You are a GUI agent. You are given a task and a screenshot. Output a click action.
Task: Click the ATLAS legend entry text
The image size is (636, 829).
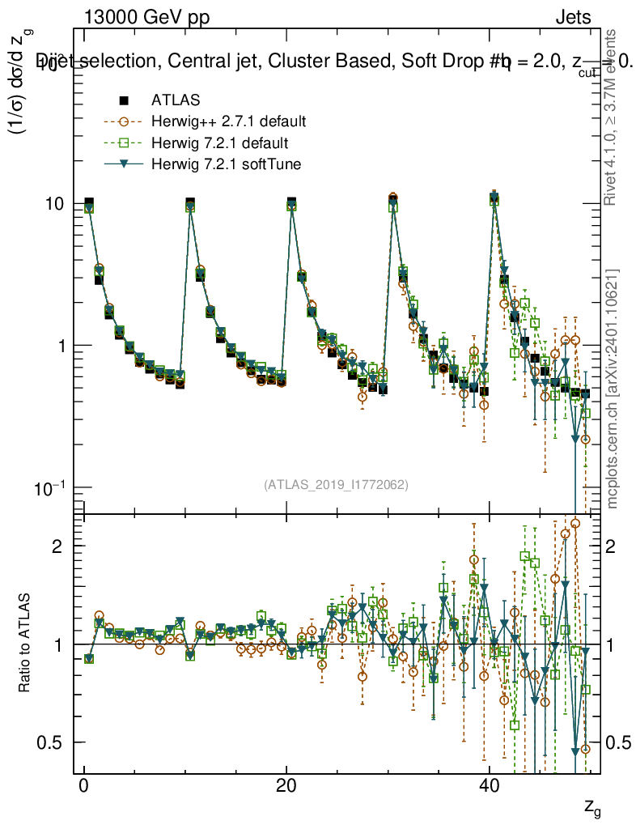[175, 100]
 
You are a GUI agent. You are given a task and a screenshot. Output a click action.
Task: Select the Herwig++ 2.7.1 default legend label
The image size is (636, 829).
[228, 122]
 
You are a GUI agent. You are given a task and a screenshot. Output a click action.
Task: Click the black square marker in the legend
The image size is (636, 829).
[124, 100]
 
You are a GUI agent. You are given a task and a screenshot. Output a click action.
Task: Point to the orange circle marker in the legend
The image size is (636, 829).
[124, 122]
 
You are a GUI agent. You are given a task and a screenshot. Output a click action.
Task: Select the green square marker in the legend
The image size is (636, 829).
[124, 143]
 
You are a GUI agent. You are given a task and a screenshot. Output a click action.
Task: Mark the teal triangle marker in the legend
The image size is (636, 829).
[124, 165]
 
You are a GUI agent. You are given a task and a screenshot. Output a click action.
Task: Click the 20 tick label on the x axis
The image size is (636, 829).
[286, 788]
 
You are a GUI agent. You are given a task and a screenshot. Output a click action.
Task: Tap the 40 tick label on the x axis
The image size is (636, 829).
[488, 788]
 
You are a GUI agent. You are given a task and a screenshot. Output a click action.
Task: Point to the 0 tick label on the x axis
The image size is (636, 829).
[83, 788]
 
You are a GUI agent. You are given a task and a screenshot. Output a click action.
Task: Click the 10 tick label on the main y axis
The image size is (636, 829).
[55, 203]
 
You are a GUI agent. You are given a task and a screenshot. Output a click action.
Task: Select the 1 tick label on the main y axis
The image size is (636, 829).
[61, 346]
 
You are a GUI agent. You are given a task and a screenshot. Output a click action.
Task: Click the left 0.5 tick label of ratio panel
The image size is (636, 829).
[52, 742]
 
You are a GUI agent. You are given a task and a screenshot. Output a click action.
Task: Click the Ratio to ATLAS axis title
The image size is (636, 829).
[25, 644]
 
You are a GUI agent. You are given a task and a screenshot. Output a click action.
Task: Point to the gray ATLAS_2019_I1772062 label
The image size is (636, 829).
[336, 485]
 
